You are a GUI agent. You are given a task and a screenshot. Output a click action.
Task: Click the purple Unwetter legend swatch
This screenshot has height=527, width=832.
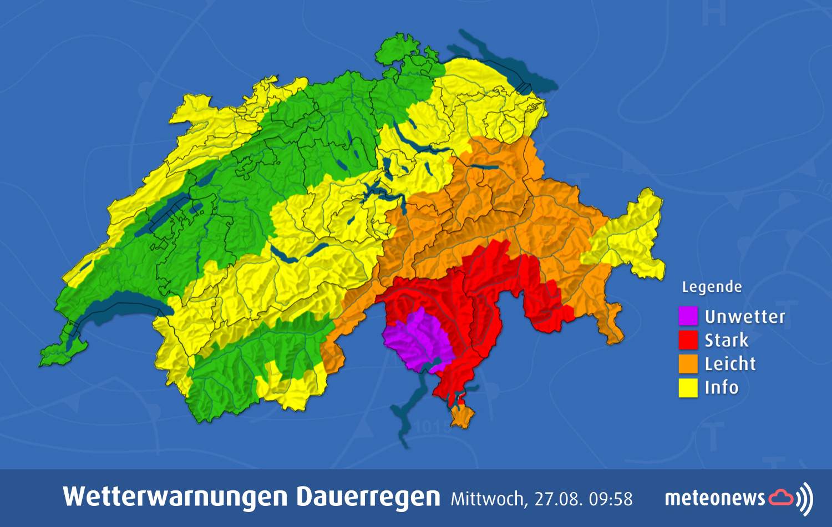click(x=688, y=316)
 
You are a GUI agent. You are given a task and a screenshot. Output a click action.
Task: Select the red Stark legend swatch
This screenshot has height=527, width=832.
click(x=688, y=340)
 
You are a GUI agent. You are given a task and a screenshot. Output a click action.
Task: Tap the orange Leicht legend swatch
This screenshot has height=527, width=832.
click(x=688, y=364)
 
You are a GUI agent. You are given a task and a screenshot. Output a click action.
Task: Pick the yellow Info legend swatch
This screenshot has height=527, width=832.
click(x=688, y=388)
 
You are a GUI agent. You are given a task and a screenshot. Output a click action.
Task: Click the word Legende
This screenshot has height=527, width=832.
click(x=711, y=287)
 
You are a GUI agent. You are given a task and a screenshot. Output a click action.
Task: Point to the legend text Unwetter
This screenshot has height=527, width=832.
click(x=744, y=317)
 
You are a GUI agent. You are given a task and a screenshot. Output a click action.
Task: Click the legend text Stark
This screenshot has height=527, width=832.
click(x=726, y=340)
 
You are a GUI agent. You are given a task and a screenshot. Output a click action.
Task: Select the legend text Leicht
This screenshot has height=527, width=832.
click(x=730, y=364)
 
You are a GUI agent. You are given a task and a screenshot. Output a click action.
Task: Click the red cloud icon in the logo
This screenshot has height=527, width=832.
click(x=781, y=497)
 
